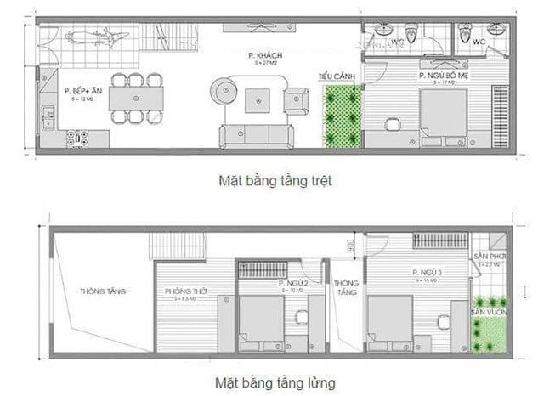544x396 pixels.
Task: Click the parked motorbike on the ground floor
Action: click(x=94, y=39)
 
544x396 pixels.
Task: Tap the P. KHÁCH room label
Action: click(x=265, y=55)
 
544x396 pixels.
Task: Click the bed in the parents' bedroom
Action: click(x=442, y=116)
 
